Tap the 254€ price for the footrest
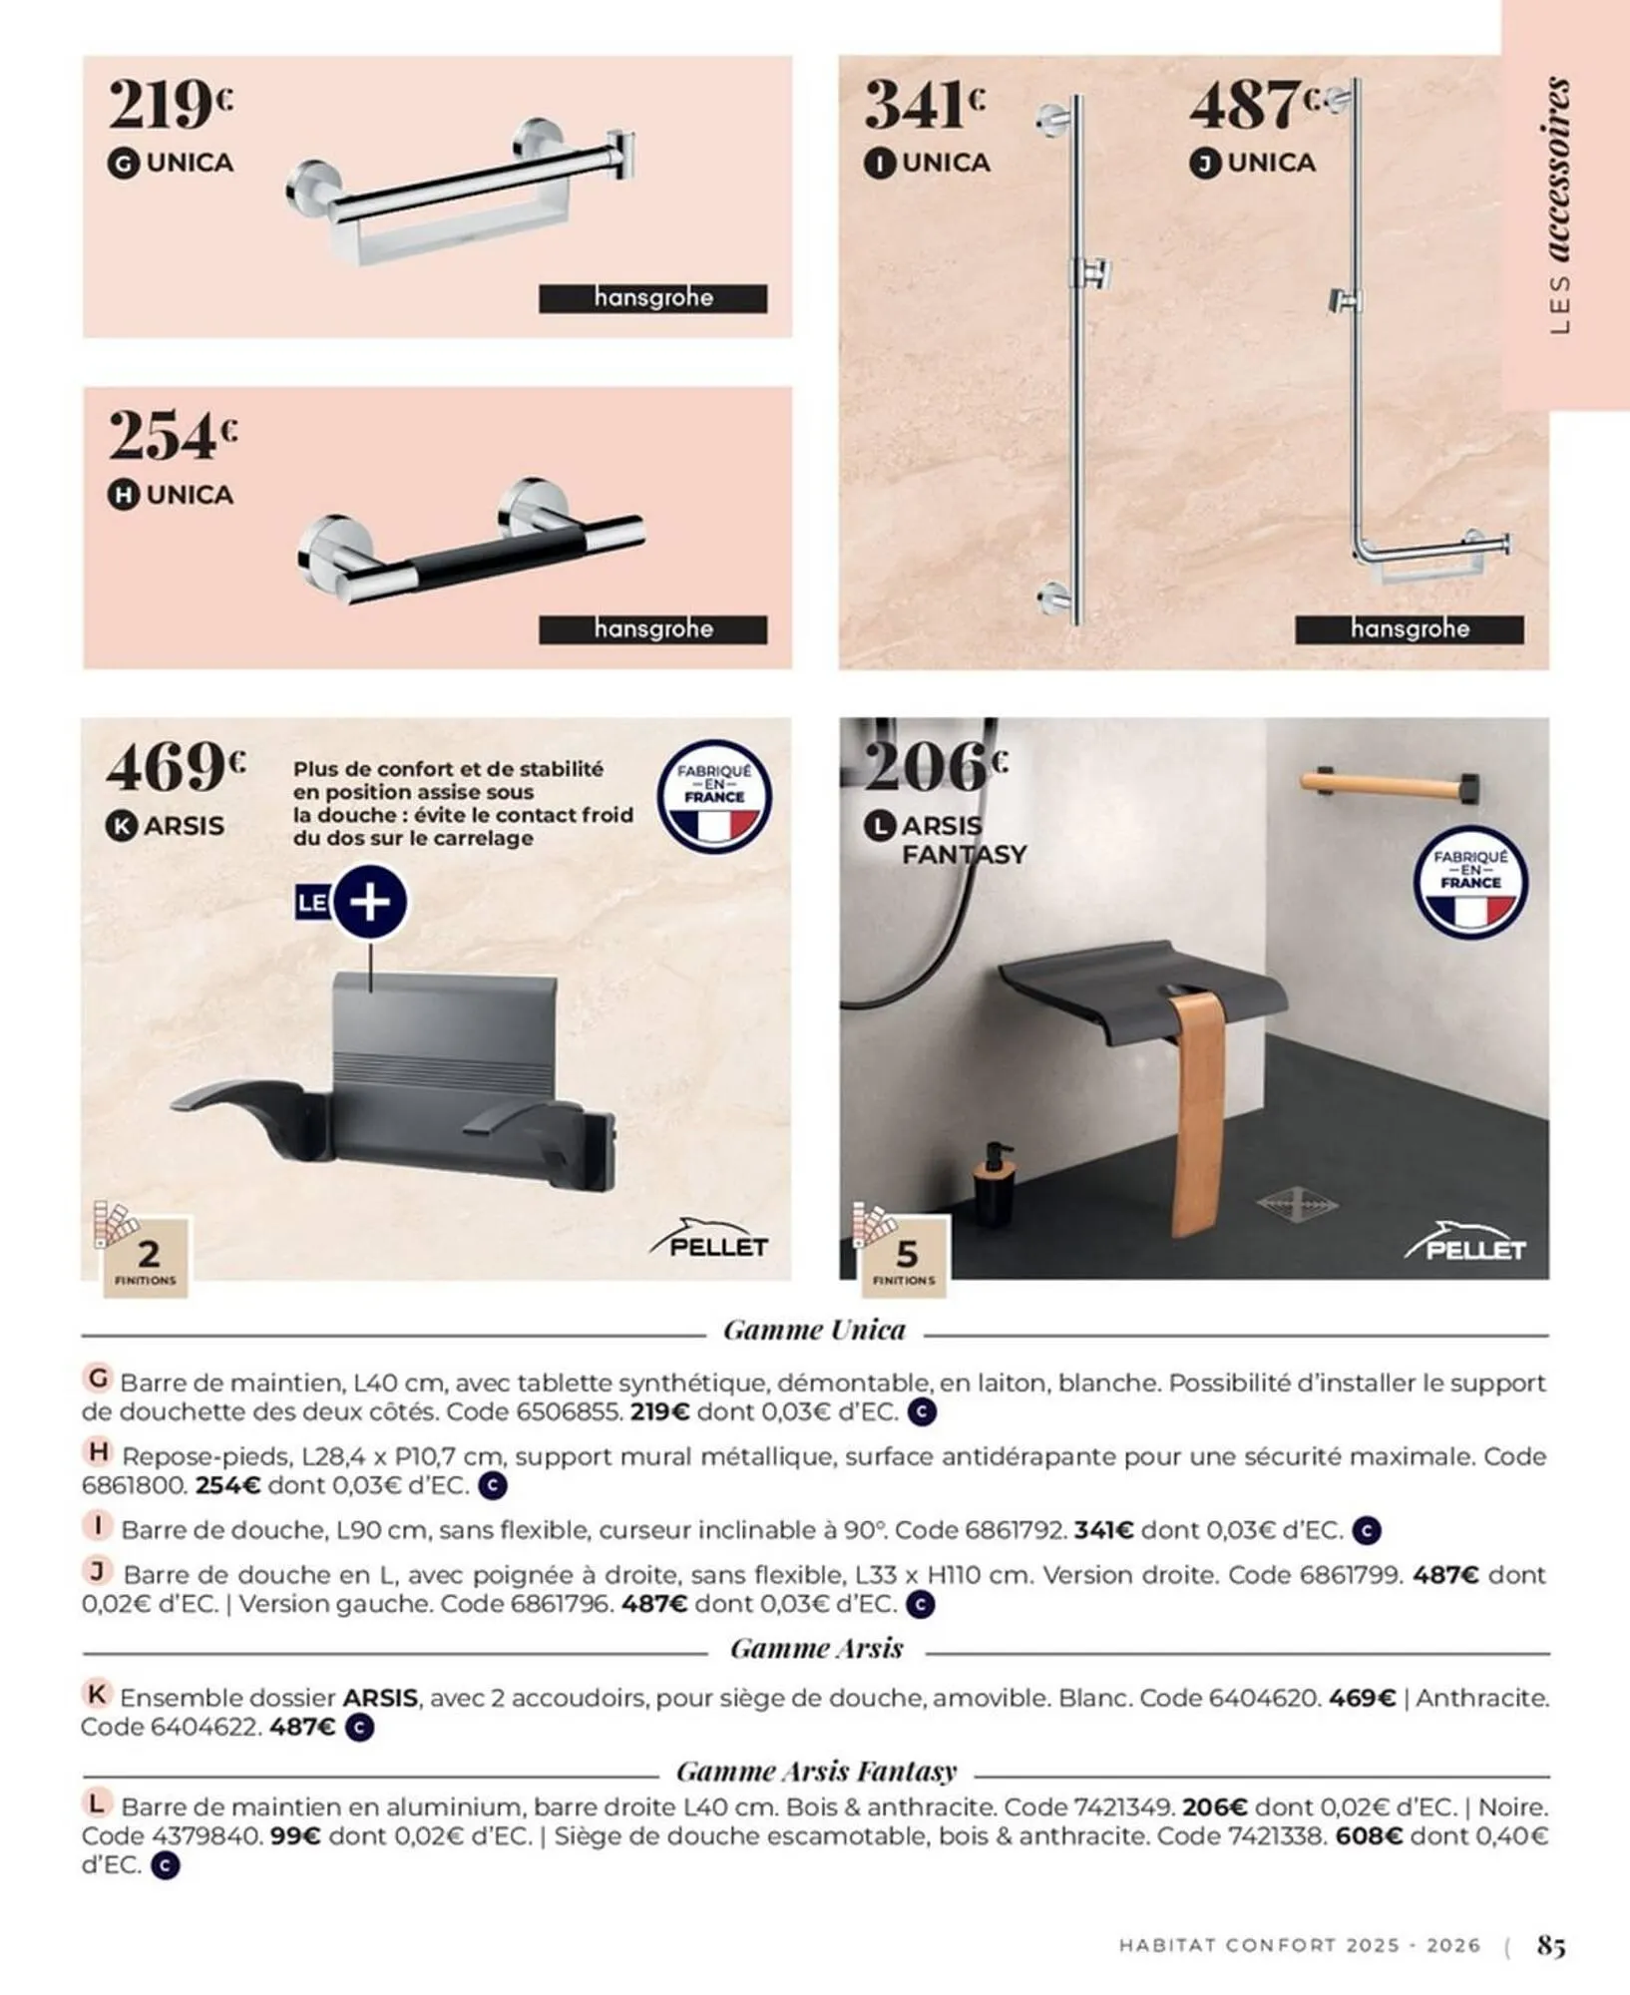(x=172, y=435)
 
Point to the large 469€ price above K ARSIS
(x=175, y=767)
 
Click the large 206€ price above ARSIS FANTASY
(x=935, y=766)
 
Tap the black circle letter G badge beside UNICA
(x=123, y=164)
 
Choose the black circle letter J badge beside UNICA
(x=1205, y=164)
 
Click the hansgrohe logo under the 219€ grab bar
(x=653, y=298)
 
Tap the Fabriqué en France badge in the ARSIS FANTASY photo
(x=1470, y=882)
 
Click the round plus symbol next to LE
(x=370, y=902)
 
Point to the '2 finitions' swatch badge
(x=146, y=1256)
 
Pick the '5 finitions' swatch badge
(x=904, y=1256)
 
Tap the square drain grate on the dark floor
(x=1297, y=1205)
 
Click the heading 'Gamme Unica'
(x=814, y=1331)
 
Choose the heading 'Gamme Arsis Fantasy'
(x=816, y=1772)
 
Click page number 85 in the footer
(x=1551, y=1946)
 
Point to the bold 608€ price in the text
(x=1369, y=1836)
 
